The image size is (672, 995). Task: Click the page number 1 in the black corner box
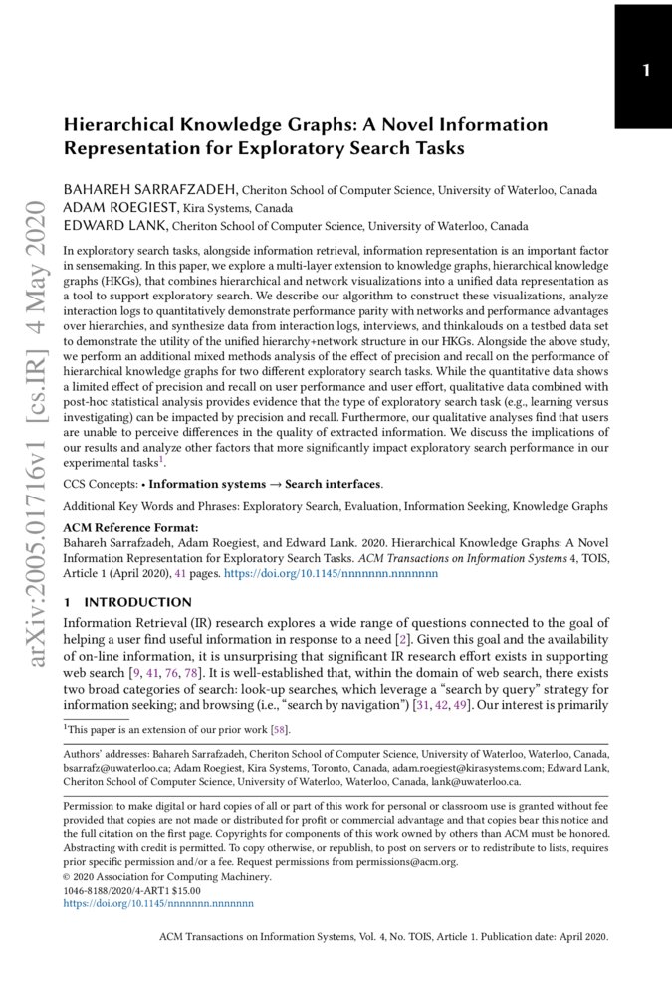point(646,70)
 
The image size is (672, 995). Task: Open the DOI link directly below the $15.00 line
point(158,904)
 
